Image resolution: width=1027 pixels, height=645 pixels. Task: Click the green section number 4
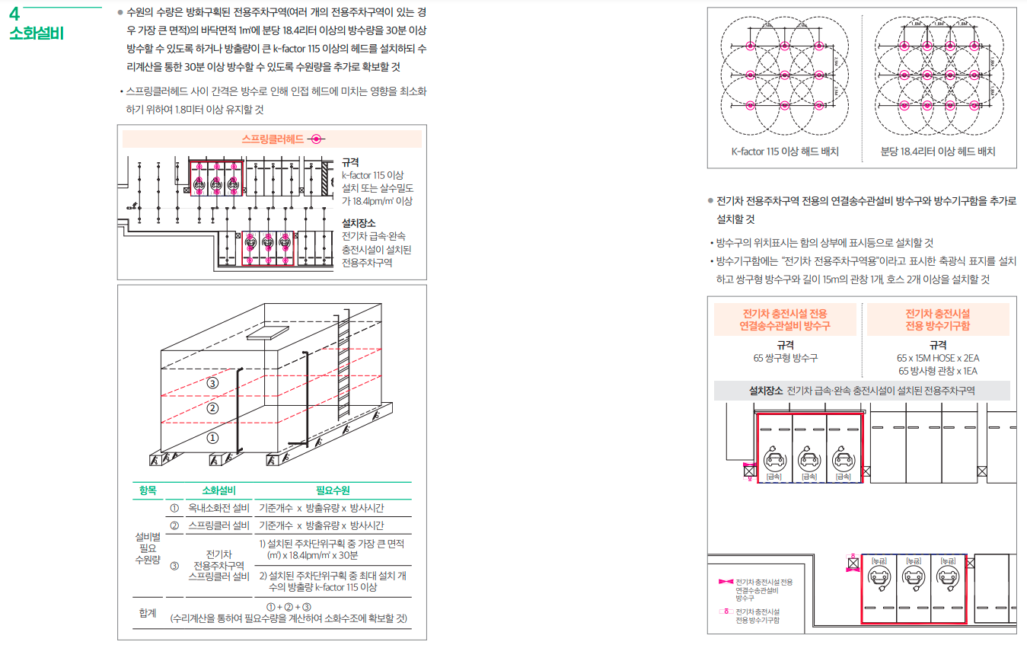(x=14, y=14)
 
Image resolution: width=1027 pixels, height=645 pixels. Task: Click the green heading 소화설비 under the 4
(x=37, y=34)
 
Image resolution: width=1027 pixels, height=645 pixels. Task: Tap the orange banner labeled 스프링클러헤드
(x=272, y=139)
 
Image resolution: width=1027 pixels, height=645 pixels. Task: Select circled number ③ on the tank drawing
(x=213, y=382)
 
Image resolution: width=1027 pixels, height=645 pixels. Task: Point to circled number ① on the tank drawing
(x=213, y=438)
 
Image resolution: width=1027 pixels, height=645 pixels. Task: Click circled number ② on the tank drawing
(x=213, y=409)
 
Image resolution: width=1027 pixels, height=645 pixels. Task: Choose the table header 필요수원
(x=333, y=490)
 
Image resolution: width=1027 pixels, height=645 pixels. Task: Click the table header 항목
(x=148, y=490)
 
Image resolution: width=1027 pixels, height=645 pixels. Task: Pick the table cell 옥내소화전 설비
(x=218, y=508)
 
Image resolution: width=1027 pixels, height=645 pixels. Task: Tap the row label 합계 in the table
(x=148, y=612)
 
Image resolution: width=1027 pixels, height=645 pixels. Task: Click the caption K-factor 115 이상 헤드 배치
(x=785, y=152)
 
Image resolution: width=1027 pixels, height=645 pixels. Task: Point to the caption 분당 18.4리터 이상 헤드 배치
(x=938, y=152)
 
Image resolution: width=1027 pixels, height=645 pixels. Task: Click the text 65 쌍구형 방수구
(x=785, y=358)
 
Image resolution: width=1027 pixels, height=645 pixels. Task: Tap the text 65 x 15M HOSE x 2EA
(x=937, y=358)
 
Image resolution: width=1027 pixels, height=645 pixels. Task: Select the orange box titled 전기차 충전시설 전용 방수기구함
(x=937, y=320)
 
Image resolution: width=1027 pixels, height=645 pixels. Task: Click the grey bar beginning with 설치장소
(x=862, y=391)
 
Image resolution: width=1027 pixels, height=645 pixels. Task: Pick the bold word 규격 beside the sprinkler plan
(x=350, y=162)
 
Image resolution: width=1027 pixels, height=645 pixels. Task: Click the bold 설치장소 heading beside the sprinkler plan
(x=358, y=223)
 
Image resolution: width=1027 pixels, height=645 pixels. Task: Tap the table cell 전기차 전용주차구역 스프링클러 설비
(x=218, y=565)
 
